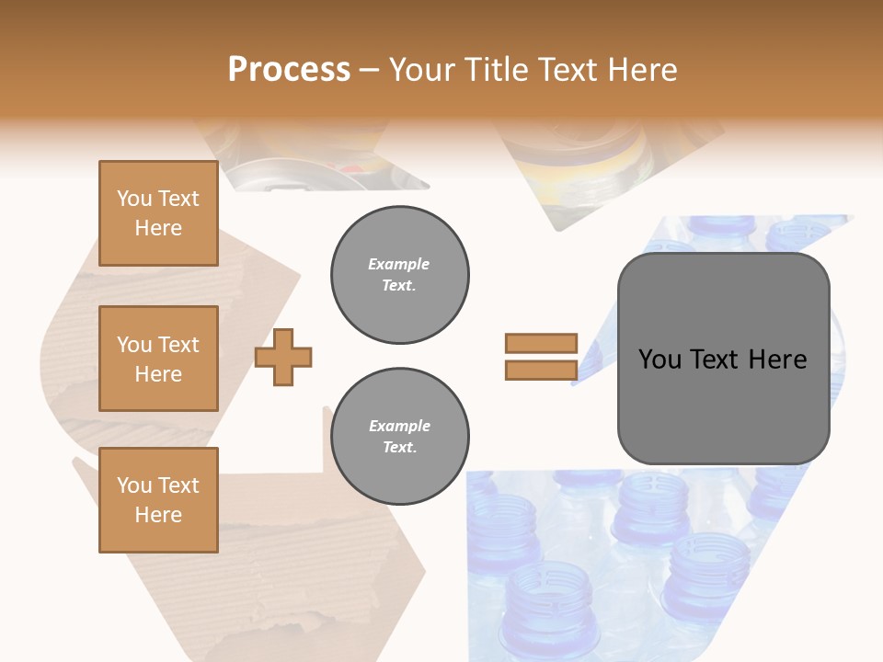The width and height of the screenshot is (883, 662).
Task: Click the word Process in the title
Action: [x=289, y=70]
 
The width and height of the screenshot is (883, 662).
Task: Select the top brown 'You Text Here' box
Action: [x=158, y=213]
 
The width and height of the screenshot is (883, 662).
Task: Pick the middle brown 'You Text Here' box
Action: [x=158, y=359]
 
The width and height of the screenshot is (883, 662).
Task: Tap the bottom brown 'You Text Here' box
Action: [x=158, y=500]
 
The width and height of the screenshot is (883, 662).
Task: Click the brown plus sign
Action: [x=283, y=358]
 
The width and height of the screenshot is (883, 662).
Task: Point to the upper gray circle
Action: [x=399, y=275]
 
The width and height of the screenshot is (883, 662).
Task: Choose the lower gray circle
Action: [x=399, y=437]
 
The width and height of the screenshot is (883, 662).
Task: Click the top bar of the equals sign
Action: [x=541, y=343]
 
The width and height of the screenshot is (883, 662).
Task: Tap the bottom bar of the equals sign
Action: [x=541, y=371]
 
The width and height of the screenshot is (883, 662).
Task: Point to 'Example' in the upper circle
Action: [x=399, y=264]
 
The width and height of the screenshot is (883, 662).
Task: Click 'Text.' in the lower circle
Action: [x=399, y=448]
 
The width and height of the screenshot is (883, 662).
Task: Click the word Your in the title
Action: [x=419, y=70]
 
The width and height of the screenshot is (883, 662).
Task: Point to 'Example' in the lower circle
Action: [x=399, y=426]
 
